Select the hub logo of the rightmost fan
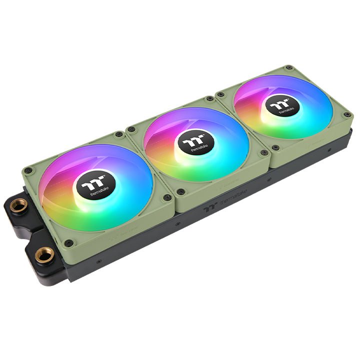click(x=279, y=108)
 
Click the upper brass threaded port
click(x=20, y=205)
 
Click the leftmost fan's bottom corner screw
click(x=69, y=242)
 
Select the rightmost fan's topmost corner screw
click(x=288, y=67)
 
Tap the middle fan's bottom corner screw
click(x=182, y=191)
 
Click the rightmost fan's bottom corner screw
click(x=275, y=147)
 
